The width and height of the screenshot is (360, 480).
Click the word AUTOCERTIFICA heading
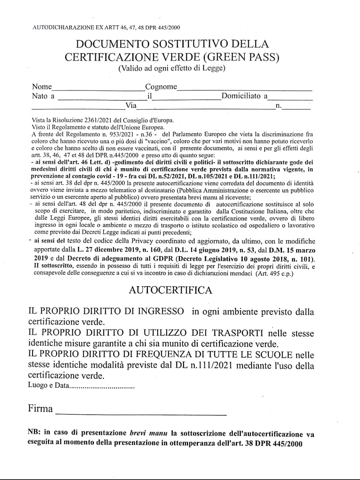[x=170, y=290]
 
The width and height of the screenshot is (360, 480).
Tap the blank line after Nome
[x=98, y=89]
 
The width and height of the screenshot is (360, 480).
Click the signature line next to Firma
[x=141, y=414]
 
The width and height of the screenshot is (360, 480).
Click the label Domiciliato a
[x=244, y=96]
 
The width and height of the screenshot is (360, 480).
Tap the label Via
[x=131, y=106]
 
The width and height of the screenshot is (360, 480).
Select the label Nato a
[x=43, y=96]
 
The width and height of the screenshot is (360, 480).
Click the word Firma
[x=40, y=409]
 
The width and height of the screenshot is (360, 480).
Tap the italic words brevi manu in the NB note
[x=148, y=433]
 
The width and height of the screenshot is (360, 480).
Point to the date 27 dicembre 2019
[x=103, y=250]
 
